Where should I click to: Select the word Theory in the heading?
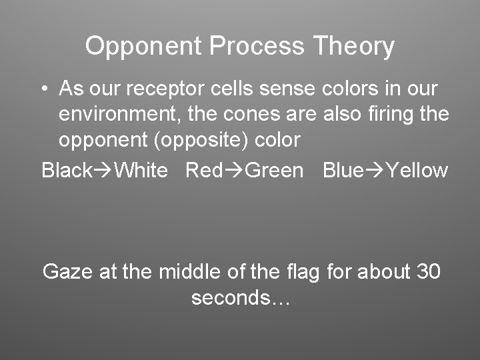click(x=354, y=47)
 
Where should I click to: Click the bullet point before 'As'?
click(x=43, y=89)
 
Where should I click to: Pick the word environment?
click(x=120, y=115)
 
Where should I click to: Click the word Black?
click(x=66, y=170)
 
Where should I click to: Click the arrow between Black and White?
click(x=103, y=170)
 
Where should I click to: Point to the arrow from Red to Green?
click(x=233, y=170)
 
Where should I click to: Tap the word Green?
click(x=273, y=170)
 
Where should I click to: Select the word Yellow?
click(x=417, y=170)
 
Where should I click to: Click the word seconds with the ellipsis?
click(x=240, y=297)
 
